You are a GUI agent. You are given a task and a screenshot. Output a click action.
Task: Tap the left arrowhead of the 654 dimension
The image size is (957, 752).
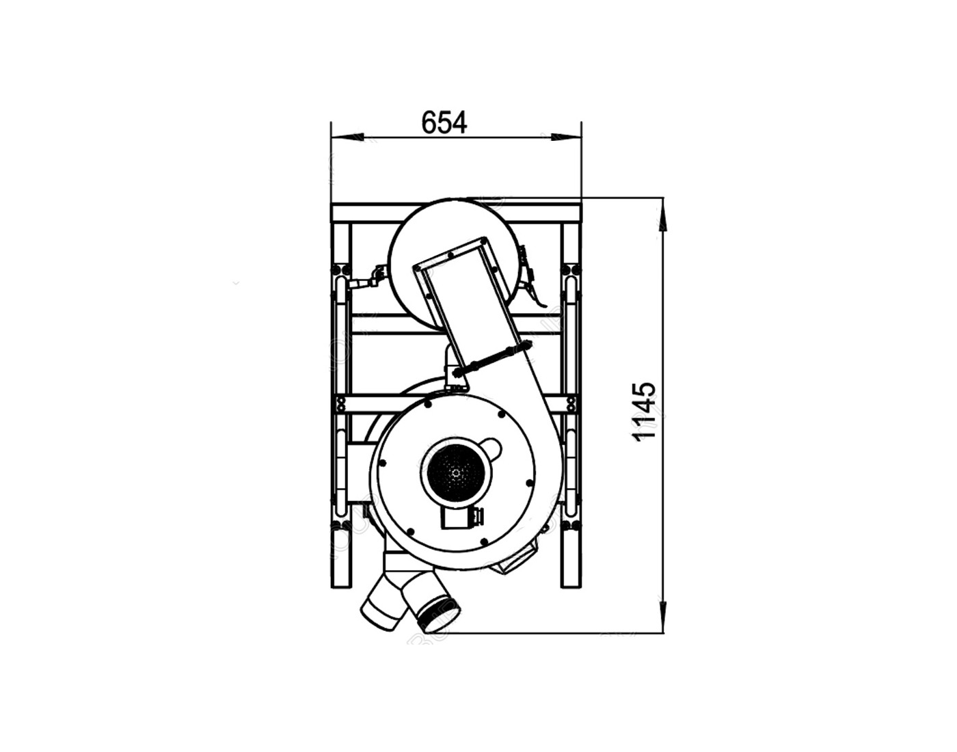coord(347,137)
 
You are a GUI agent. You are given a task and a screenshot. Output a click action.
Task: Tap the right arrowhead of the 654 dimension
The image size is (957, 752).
coord(566,137)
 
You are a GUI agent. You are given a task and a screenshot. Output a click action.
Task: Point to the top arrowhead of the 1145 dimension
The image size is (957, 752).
coord(663,213)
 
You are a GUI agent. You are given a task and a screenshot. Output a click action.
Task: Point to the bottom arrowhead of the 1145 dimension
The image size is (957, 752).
coord(663,617)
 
